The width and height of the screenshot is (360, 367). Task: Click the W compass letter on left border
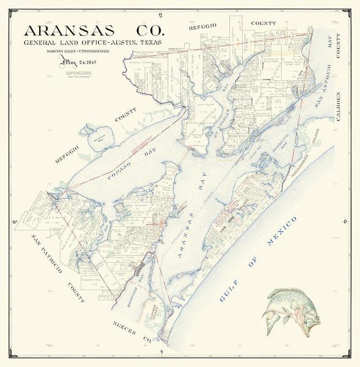13,222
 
